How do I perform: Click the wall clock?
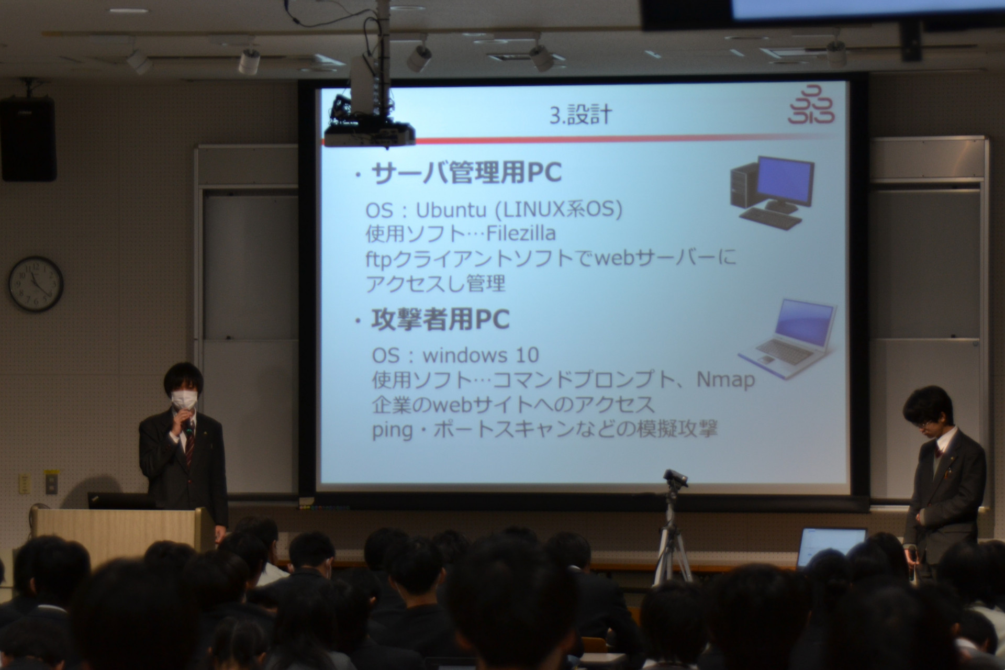[x=36, y=284]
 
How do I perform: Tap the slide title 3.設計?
[x=580, y=115]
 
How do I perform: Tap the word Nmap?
[x=725, y=380]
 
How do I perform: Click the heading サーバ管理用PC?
[x=466, y=173]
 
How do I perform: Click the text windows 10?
[x=481, y=355]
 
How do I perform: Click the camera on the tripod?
[x=675, y=478]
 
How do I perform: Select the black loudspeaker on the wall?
[x=28, y=139]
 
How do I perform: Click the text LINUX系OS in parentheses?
[x=559, y=210]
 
